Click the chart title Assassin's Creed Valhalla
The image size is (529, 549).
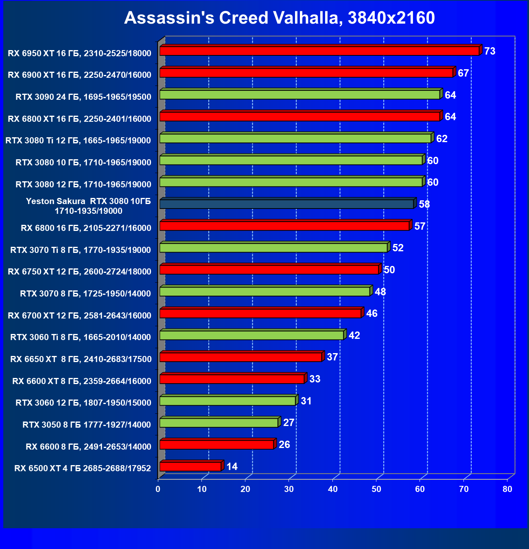(279, 18)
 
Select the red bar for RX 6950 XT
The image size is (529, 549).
(319, 51)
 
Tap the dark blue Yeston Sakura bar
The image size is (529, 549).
(286, 204)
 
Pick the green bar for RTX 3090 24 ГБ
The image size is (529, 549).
(300, 95)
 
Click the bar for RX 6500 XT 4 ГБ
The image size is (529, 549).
(190, 466)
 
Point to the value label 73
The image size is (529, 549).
(490, 51)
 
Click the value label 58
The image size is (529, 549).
(424, 204)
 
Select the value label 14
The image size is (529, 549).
(232, 466)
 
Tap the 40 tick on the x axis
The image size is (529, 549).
(333, 489)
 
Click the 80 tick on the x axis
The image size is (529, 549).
(507, 489)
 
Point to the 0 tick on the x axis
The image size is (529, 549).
(158, 489)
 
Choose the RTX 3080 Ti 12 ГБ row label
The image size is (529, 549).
(78, 141)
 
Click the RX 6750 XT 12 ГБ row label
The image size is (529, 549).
(79, 272)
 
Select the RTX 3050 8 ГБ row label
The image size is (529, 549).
(87, 425)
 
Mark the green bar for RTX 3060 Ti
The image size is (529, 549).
(251, 335)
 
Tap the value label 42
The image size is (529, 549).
(354, 336)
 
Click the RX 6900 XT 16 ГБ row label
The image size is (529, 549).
(79, 75)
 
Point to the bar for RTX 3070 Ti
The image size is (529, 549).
(273, 248)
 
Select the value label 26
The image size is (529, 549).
(284, 444)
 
